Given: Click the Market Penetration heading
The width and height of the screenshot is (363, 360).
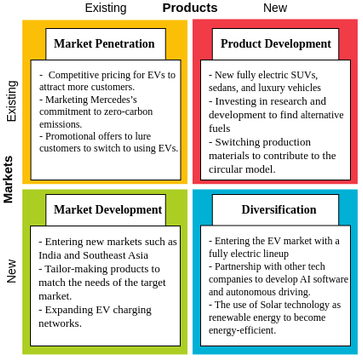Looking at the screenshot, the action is click(x=105, y=44).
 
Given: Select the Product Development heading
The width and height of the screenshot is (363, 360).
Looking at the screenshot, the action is click(x=275, y=44).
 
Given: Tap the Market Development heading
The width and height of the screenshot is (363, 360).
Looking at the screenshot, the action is click(x=107, y=210).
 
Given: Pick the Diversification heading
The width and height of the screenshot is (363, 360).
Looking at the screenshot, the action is click(x=275, y=210).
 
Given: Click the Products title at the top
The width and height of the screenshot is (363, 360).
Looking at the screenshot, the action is click(x=189, y=8).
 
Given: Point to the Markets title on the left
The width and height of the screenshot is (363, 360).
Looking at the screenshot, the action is click(x=9, y=179).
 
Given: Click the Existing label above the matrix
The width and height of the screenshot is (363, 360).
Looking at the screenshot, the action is click(x=105, y=8).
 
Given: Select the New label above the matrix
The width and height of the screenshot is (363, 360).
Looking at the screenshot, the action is click(x=275, y=8).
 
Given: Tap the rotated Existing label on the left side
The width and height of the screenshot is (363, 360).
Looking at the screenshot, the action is click(x=12, y=101).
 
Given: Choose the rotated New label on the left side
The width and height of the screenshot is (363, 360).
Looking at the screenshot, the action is click(x=12, y=271).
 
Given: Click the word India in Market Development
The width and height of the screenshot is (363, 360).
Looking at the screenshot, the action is click(x=51, y=255).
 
